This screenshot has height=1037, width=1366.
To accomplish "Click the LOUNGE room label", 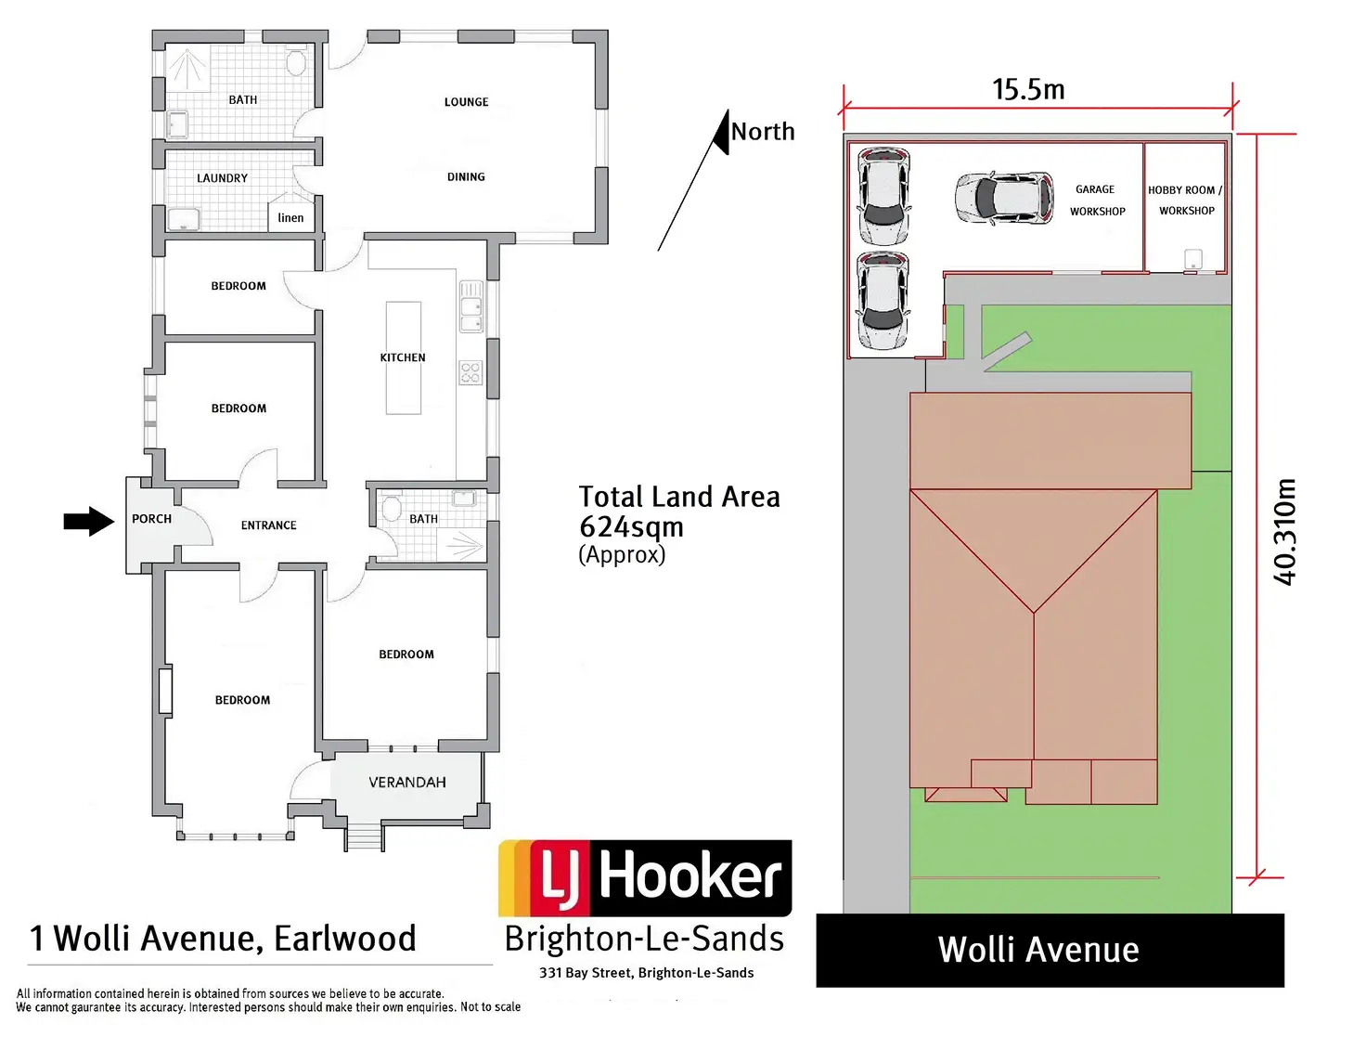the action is point(466,102).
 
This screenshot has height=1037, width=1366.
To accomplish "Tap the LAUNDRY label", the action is point(222,178).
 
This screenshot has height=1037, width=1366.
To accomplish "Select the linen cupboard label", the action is point(290,218).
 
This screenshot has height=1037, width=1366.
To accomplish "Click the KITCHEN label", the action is point(403,357).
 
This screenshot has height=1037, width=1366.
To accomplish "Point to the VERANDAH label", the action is point(407,783).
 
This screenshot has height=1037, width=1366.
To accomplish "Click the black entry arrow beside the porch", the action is point(89,521).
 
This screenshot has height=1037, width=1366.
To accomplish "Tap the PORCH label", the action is point(151,518).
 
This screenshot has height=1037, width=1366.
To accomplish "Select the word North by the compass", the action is point(763,131).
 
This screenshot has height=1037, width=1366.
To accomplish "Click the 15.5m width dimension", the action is point(1028,89).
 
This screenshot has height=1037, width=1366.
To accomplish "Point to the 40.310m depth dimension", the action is point(1283,532).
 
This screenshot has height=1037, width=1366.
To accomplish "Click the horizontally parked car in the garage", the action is point(1004,199).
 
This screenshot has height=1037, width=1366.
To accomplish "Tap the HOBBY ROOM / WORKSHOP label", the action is point(1186,201).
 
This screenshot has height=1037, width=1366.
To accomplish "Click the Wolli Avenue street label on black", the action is point(1038,950).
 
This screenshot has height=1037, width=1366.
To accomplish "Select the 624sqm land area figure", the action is point(631,527).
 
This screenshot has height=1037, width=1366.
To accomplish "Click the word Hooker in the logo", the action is point(689,876).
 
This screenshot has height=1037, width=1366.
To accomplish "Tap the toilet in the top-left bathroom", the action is point(296,62).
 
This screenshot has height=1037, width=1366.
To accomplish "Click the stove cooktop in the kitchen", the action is point(471,373).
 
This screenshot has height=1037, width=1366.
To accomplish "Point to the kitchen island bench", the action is point(404,358).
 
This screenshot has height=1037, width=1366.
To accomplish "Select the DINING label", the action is point(466,176).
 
